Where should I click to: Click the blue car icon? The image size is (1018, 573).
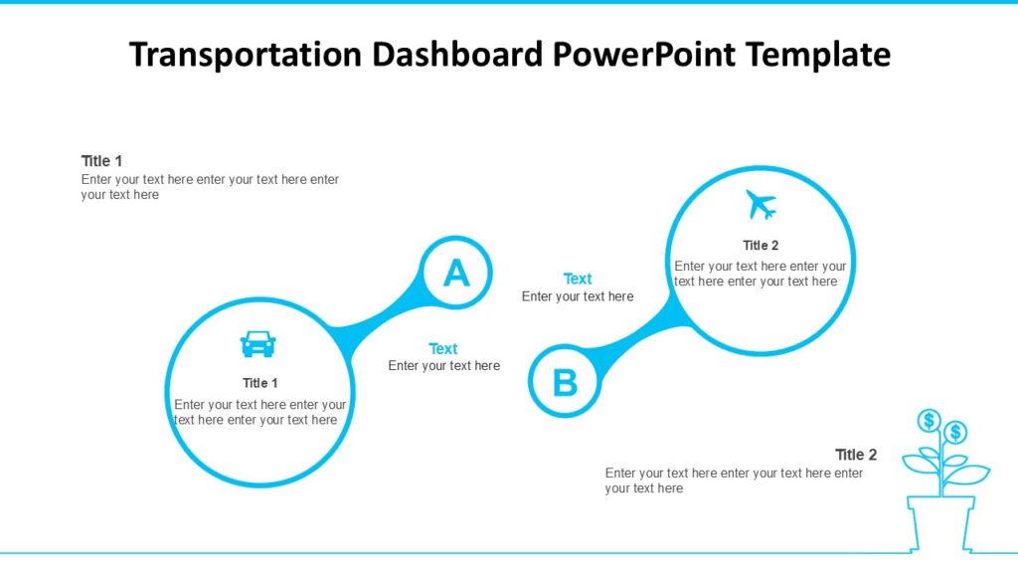[258, 344]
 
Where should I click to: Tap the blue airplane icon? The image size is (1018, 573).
[761, 205]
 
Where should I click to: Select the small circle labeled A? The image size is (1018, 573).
[455, 273]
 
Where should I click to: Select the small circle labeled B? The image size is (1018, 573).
[565, 382]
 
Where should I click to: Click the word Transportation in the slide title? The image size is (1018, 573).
[245, 55]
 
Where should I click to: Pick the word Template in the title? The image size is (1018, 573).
[818, 55]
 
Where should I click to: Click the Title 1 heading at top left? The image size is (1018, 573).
[101, 161]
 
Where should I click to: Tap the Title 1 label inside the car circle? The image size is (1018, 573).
[260, 383]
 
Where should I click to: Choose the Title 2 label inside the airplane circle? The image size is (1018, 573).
[761, 246]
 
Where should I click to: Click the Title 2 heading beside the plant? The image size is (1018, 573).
[856, 455]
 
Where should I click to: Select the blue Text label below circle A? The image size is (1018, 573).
[443, 349]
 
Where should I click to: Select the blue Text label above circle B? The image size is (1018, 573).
[578, 280]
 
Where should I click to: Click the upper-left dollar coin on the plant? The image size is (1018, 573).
[930, 420]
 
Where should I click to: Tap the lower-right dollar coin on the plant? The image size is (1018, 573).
[955, 432]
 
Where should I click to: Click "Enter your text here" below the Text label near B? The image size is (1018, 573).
[578, 296]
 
